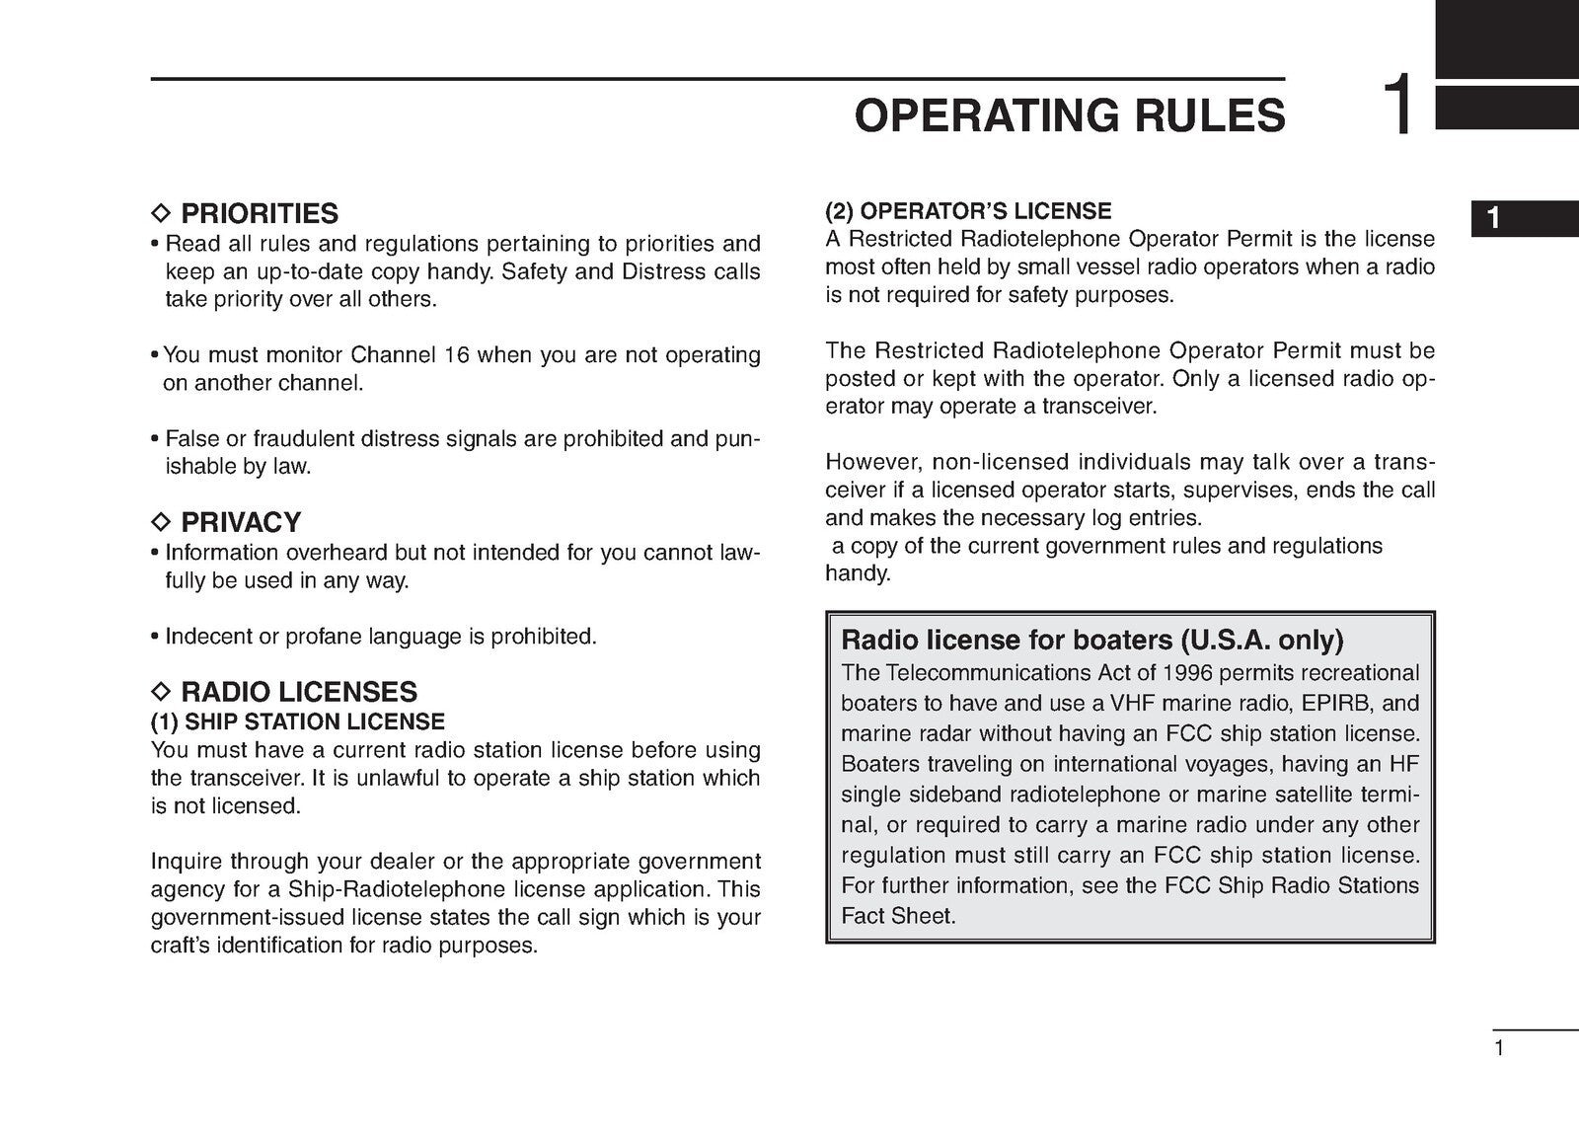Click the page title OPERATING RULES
(1070, 115)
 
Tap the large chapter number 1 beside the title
(1399, 106)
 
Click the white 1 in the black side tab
(1493, 218)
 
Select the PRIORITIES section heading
(259, 213)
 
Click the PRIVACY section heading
(241, 522)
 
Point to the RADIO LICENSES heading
(299, 691)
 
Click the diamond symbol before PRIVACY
(161, 522)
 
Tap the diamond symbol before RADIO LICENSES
(161, 691)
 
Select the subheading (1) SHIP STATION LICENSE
(298, 721)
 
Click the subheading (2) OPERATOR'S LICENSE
(968, 211)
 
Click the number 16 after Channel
(457, 354)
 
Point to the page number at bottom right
(1499, 1048)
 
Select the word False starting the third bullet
(191, 438)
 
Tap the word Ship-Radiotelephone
(377, 889)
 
